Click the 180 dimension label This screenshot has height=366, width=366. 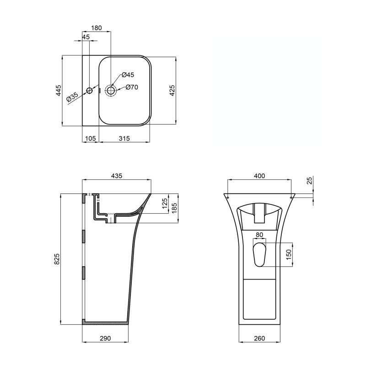tap(97, 28)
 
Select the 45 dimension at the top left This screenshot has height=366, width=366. tap(86, 37)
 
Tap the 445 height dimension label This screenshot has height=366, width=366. tap(58, 91)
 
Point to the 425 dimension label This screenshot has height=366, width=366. tap(172, 91)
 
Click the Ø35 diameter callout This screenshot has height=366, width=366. tap(73, 97)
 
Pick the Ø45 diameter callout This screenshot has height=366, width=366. tap(128, 75)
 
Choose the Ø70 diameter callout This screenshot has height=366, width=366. tap(132, 87)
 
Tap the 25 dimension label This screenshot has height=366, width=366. tap(310, 182)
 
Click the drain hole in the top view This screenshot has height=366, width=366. tap(111, 90)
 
